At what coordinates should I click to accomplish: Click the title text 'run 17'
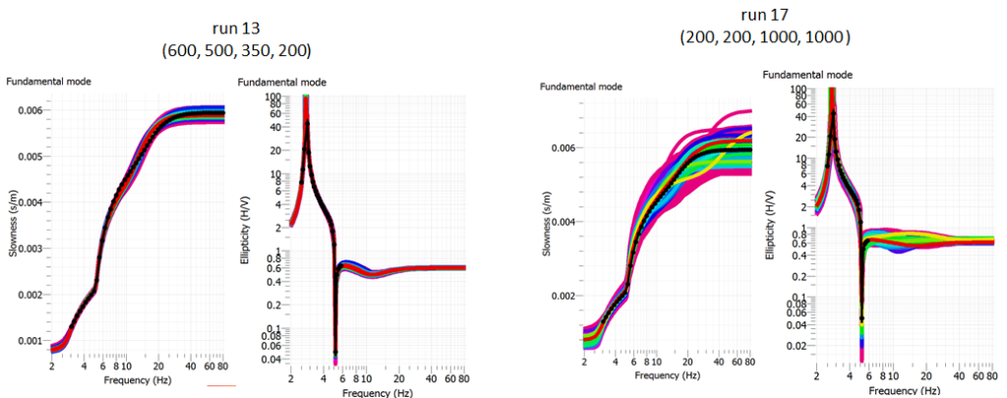(766, 16)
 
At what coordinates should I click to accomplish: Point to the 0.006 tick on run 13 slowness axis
(29, 110)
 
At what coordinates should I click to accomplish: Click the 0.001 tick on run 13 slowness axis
(29, 341)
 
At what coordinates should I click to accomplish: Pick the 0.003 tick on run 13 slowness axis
(29, 249)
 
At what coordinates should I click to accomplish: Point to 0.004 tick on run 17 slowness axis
(563, 222)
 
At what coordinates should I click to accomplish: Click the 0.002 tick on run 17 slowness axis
(563, 296)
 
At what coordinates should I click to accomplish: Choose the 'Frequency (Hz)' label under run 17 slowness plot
(670, 375)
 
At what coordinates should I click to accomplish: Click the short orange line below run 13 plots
(221, 386)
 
